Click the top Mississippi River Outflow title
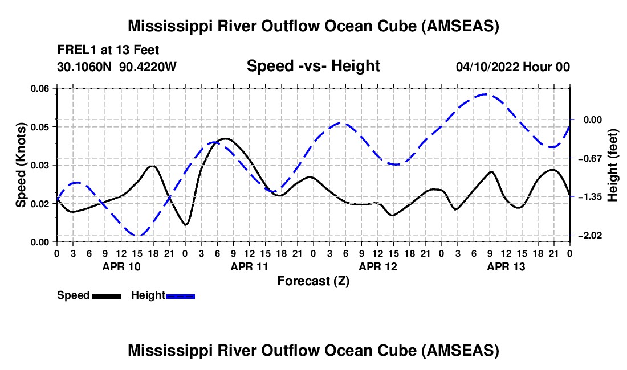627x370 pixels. (x=313, y=27)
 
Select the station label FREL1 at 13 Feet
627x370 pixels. (x=108, y=50)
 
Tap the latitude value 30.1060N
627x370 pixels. (x=85, y=67)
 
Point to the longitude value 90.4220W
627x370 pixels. (x=148, y=67)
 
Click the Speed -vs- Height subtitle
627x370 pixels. (x=313, y=66)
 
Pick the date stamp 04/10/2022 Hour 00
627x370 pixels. (x=512, y=67)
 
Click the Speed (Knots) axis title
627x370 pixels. (x=21, y=165)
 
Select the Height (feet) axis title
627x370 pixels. (x=613, y=165)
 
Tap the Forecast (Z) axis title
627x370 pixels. (x=313, y=281)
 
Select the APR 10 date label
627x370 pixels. (x=121, y=266)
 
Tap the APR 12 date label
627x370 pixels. (x=377, y=266)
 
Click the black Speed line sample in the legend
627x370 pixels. (x=105, y=296)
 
